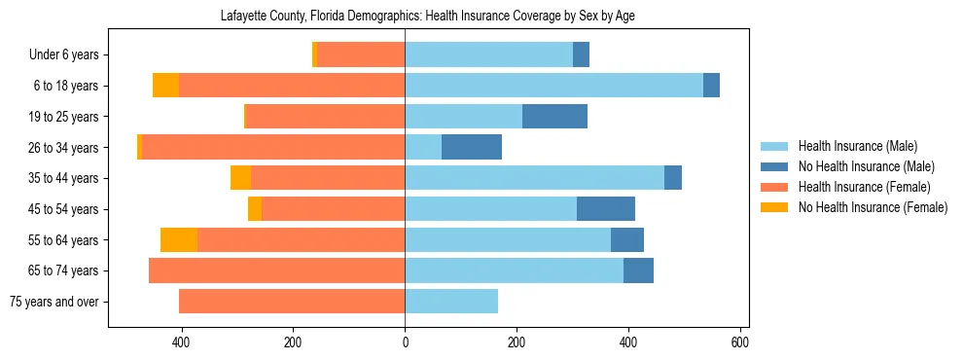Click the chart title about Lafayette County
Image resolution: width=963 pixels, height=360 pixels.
428,17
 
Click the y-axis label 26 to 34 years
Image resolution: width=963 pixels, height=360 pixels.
64,148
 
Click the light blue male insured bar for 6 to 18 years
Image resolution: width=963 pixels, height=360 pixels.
553,86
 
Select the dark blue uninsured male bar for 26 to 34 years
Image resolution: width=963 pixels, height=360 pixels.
472,147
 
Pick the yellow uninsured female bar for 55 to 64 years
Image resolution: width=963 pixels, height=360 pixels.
179,239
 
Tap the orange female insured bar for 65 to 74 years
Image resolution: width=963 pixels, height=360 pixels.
276,270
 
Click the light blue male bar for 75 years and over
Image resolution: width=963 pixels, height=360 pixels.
451,302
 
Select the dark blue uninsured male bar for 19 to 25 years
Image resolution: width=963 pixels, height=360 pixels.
554,117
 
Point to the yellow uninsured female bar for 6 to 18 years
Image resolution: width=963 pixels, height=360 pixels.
165,86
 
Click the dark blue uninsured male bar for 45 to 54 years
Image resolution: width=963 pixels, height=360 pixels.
606,209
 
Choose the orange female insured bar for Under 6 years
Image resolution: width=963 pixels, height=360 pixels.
361,55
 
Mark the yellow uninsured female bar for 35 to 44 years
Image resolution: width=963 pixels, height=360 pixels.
240,178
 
